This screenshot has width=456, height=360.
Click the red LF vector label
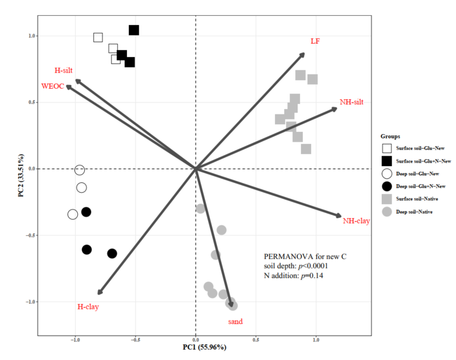coord(315,41)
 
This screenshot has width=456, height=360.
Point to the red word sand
coord(236,321)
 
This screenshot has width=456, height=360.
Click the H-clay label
coord(88,306)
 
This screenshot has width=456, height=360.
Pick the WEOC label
coord(52,86)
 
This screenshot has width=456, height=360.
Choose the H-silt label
coord(64,70)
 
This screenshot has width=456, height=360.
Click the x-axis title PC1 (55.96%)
coord(196,347)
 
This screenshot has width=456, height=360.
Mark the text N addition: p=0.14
coord(293,275)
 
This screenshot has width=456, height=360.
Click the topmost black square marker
coord(134,30)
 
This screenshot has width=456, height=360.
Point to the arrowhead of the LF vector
coord(303,55)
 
